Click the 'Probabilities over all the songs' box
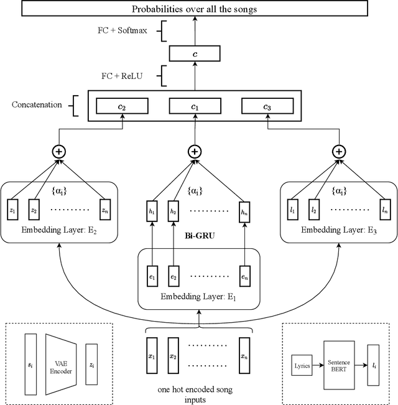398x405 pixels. pos(195,9)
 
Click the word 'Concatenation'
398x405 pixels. pos(37,105)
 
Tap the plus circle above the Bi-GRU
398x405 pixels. pos(195,151)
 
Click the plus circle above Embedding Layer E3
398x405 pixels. pos(338,151)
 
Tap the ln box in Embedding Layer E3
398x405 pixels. pos(386,211)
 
